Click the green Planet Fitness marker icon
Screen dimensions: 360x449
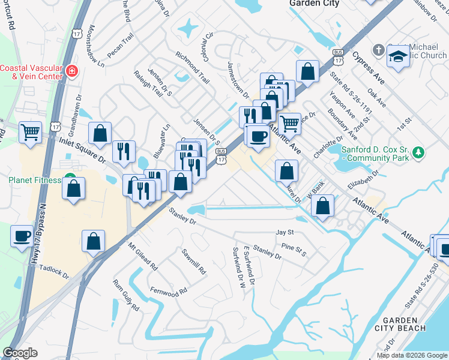pyautogui.click(x=71, y=179)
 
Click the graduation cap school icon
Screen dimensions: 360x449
pyautogui.click(x=398, y=57)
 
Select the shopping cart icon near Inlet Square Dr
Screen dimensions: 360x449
pyautogui.click(x=30, y=131)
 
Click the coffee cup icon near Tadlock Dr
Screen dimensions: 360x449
pyautogui.click(x=22, y=235)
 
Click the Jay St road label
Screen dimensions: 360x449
pyautogui.click(x=285, y=232)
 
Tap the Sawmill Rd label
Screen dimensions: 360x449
pyautogui.click(x=194, y=262)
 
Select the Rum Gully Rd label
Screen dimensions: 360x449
pyautogui.click(x=125, y=295)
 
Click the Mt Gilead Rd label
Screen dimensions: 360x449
pyautogui.click(x=142, y=256)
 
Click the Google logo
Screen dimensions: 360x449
pyautogui.click(x=20, y=353)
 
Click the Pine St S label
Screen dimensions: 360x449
pyautogui.click(x=295, y=250)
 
